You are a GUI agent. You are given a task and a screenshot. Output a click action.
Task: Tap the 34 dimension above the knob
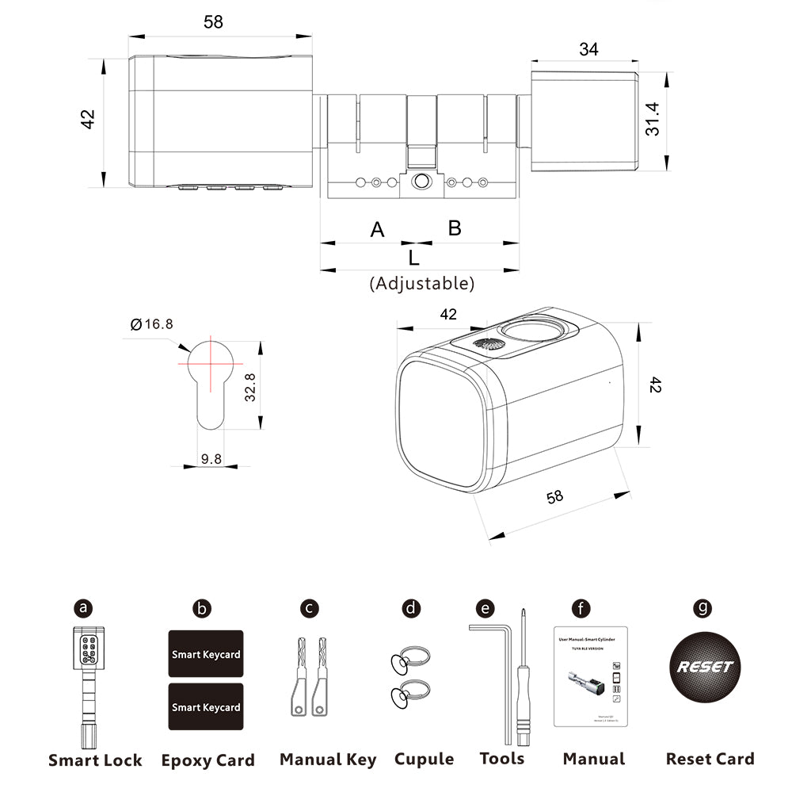[x=588, y=49]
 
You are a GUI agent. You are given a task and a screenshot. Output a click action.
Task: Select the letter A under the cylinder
[x=377, y=230]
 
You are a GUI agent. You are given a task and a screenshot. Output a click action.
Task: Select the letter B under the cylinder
[x=455, y=228]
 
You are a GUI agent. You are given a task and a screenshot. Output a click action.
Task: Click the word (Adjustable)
[x=422, y=283]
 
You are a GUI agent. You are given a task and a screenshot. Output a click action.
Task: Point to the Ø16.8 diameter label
[x=151, y=323]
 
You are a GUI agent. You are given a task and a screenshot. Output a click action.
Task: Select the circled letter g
[x=702, y=608]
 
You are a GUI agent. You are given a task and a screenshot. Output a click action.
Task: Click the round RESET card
[x=705, y=667]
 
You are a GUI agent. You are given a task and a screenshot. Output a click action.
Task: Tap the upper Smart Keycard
[x=206, y=654]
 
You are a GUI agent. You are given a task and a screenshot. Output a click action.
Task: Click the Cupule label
[x=424, y=760]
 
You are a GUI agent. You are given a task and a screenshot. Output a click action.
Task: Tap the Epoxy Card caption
[x=208, y=760]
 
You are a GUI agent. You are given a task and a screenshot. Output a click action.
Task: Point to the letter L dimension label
[x=413, y=258]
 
